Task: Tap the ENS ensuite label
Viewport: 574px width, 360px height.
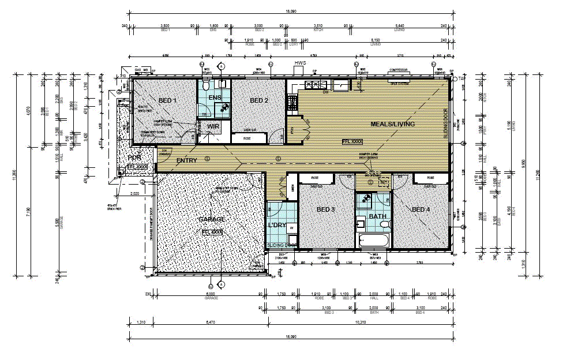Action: pyautogui.click(x=215, y=97)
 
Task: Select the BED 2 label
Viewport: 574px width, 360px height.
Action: pyautogui.click(x=259, y=101)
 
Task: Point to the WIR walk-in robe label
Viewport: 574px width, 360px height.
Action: pyautogui.click(x=213, y=126)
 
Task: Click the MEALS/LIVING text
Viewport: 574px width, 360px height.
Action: pyautogui.click(x=392, y=124)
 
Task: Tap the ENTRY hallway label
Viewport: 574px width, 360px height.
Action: pyautogui.click(x=187, y=160)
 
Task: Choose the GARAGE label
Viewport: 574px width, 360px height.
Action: pyautogui.click(x=211, y=220)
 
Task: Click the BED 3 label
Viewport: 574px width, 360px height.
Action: pyautogui.click(x=326, y=209)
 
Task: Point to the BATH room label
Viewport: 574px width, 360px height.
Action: pyautogui.click(x=377, y=216)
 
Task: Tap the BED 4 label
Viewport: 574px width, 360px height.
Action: pyautogui.click(x=421, y=209)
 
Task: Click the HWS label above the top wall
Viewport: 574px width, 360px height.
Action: pyautogui.click(x=299, y=62)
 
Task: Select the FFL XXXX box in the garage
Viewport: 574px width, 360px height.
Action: pyautogui.click(x=212, y=232)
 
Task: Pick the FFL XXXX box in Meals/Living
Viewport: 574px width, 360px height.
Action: pyautogui.click(x=352, y=141)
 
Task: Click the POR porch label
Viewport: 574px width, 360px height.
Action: pyautogui.click(x=134, y=157)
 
